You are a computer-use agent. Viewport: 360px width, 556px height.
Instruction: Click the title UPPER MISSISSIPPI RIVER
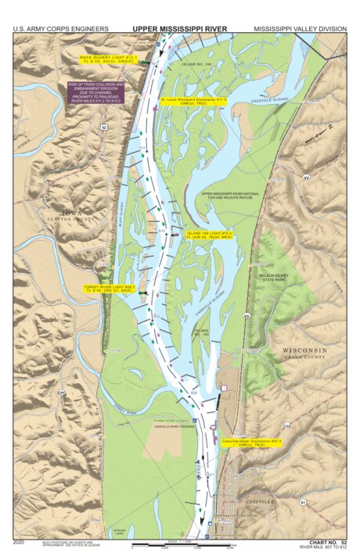[179, 29]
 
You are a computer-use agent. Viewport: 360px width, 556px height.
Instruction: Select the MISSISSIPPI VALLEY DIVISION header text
[300, 29]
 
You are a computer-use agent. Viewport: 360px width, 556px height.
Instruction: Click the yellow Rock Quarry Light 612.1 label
[110, 59]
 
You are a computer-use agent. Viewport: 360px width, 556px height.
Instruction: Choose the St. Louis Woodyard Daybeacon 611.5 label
[193, 102]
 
